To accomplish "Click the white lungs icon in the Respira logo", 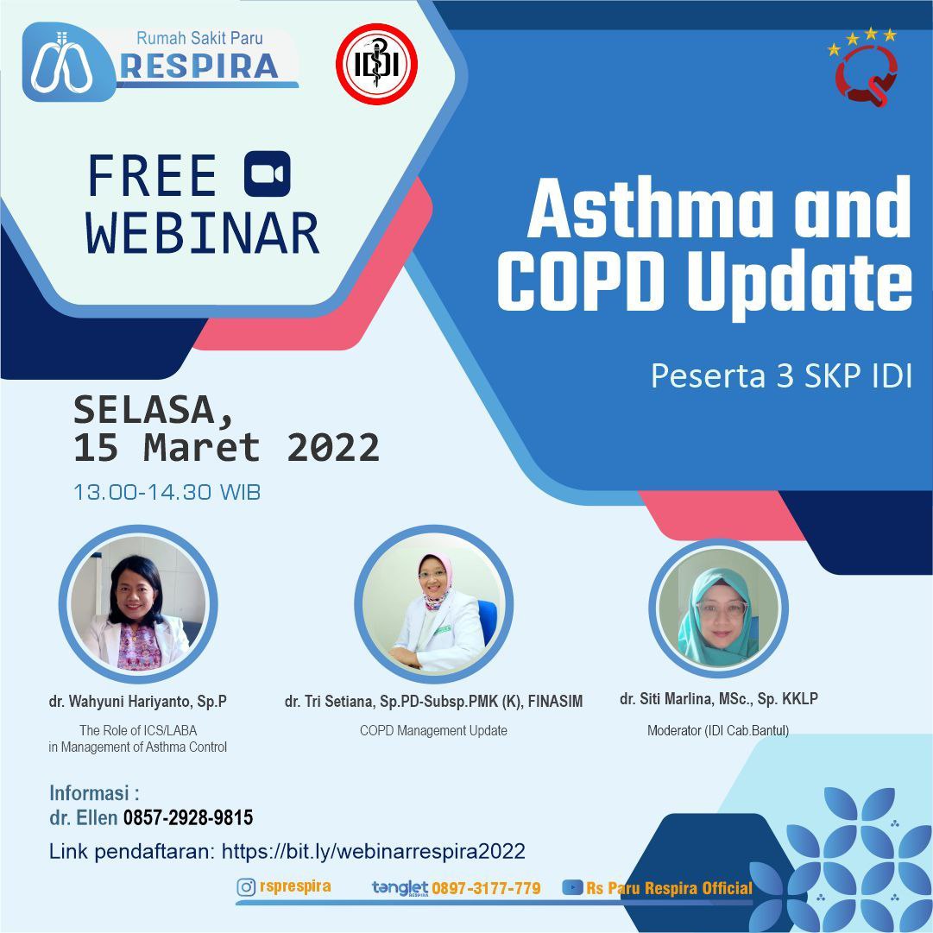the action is pos(61,64).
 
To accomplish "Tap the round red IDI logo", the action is pos(376,64).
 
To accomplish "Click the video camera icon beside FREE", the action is pos(268,173).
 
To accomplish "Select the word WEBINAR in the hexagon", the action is pos(202,233).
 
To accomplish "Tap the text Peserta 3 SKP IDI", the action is pos(781,376).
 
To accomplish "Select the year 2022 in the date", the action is pos(333,447).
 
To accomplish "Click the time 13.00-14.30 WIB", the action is pos(167,492).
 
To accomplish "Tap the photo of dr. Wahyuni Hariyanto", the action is pos(138,604).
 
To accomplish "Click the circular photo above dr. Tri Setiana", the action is pos(434,604).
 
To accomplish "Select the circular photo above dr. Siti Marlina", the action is pos(719,608).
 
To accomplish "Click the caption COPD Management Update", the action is pos(434,731).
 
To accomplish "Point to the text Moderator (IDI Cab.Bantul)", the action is pos(718,730).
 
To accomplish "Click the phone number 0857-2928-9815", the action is pos(188,817).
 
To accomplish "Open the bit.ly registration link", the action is pos(374,852).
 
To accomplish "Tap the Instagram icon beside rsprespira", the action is pos(246,887).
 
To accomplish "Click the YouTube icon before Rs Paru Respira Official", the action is pos(572,888).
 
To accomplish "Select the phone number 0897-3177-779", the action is pos(486,888).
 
